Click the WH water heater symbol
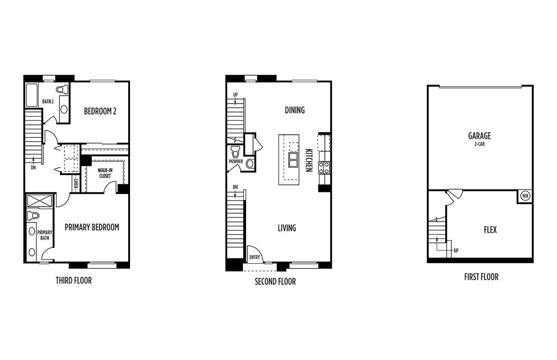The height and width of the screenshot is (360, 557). coord(525,196)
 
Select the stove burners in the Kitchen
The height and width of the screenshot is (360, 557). coord(324,168)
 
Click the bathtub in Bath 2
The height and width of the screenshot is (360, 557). coord(32,95)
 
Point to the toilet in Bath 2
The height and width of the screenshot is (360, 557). coord(62,90)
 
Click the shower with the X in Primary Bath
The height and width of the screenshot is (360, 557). coord(39,201)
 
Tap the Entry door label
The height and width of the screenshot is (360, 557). coord(255,257)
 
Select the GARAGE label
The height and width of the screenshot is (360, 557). coord(479,136)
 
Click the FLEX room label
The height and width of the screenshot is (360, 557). coord(490,229)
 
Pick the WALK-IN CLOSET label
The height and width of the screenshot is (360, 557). coord(105,173)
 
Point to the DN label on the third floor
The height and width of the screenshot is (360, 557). coord(33,168)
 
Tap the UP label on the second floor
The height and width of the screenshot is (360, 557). coord(235,95)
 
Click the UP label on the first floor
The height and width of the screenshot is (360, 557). coord(456,250)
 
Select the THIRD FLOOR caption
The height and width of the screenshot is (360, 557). coord(74,281)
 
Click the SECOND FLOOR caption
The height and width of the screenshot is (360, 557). coord(275,281)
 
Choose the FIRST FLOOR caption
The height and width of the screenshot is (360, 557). coord(481,277)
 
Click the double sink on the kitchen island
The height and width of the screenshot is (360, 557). coord(293,160)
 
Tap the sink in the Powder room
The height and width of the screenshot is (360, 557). coord(250,164)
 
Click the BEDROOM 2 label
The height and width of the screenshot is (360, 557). coord(100,111)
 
